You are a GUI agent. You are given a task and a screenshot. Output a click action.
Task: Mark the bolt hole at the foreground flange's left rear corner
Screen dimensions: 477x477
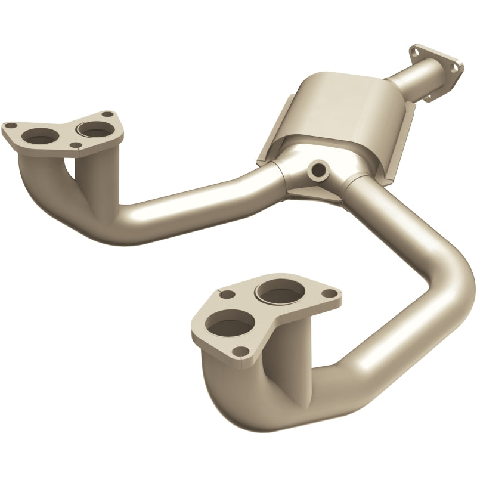click(x=225, y=294)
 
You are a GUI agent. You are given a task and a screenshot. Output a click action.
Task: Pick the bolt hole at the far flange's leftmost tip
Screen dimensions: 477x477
click(x=10, y=126)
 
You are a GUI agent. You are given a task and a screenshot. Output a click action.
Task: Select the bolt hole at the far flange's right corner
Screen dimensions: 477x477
click(x=107, y=114)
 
